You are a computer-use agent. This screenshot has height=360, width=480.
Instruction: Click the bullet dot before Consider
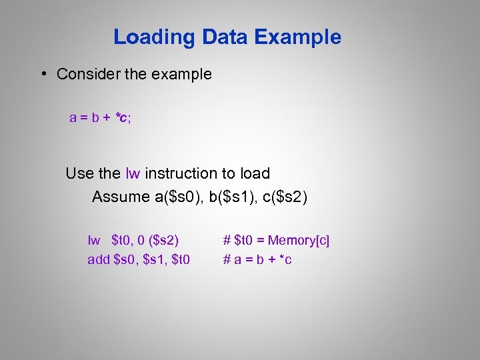(43, 74)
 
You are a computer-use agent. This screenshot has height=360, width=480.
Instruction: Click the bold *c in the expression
(121, 118)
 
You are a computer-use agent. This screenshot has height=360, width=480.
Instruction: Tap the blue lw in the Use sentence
(133, 174)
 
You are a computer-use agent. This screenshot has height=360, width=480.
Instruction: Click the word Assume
(121, 197)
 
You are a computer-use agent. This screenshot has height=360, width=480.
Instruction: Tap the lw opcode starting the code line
(94, 240)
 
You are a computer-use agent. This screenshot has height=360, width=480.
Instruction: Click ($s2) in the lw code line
(163, 240)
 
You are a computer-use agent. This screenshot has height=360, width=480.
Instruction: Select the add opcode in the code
(99, 259)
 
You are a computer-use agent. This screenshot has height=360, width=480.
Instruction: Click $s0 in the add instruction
(127, 259)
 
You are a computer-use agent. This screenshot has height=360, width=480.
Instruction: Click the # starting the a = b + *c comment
(227, 259)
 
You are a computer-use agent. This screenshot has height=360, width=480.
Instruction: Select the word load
(254, 174)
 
